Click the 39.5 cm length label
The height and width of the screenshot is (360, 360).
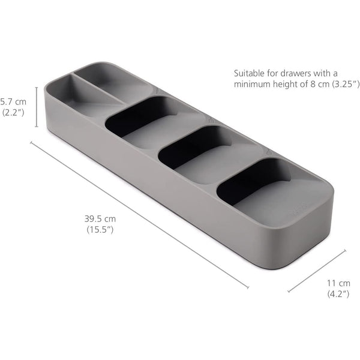100,218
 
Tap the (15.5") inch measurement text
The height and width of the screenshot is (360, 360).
100,229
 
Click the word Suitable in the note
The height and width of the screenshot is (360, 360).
248,73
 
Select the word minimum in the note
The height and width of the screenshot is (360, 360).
253,85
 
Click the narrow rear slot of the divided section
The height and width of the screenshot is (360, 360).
114,84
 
